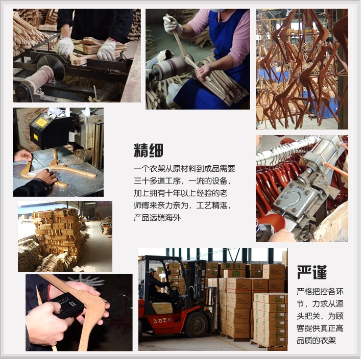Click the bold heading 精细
(x=149, y=150)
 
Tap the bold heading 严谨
(x=311, y=272)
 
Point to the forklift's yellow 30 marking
(x=163, y=308)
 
